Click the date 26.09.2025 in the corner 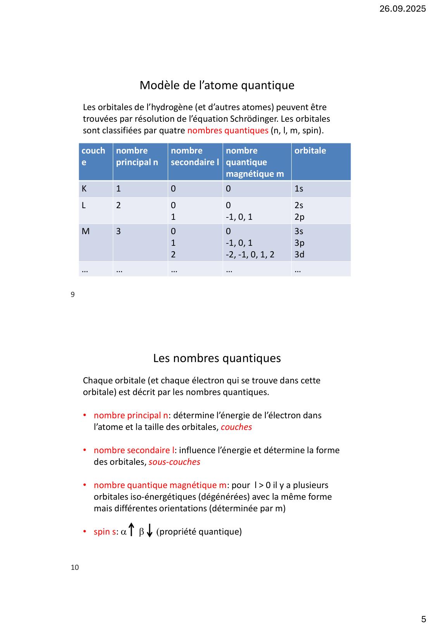pyautogui.click(x=402, y=9)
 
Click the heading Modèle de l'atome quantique pyautogui.click(x=217, y=85)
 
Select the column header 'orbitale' pyautogui.click(x=310, y=151)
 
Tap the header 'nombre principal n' pyautogui.click(x=137, y=156)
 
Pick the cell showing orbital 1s pyautogui.click(x=299, y=189)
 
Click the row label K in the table pyautogui.click(x=84, y=189)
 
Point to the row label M pyautogui.click(x=86, y=231)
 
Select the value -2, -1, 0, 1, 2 pyautogui.click(x=250, y=255)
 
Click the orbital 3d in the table pyautogui.click(x=299, y=255)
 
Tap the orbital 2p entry pyautogui.click(x=299, y=217)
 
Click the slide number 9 pyautogui.click(x=72, y=295)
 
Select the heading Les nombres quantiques pyautogui.click(x=217, y=358)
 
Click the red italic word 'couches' pyautogui.click(x=236, y=427)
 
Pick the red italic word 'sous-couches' pyautogui.click(x=174, y=462)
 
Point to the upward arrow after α pyautogui.click(x=131, y=530)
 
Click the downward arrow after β pyautogui.click(x=150, y=531)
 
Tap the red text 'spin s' pyautogui.click(x=105, y=532)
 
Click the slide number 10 pyautogui.click(x=75, y=568)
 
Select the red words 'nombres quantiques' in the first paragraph pyautogui.click(x=228, y=131)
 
